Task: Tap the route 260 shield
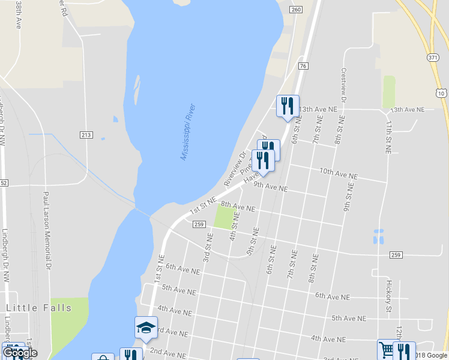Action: [x=295, y=9]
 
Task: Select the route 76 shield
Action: [x=303, y=66]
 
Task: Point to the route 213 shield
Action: [x=86, y=134]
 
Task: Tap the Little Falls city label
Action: [x=39, y=308]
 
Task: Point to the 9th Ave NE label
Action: [x=270, y=187]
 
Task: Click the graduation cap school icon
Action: [x=146, y=328]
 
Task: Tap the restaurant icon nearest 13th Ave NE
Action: [x=288, y=106]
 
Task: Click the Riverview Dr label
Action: [x=235, y=168]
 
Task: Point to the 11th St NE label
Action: [x=388, y=137]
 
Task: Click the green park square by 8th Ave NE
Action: [x=223, y=218]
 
